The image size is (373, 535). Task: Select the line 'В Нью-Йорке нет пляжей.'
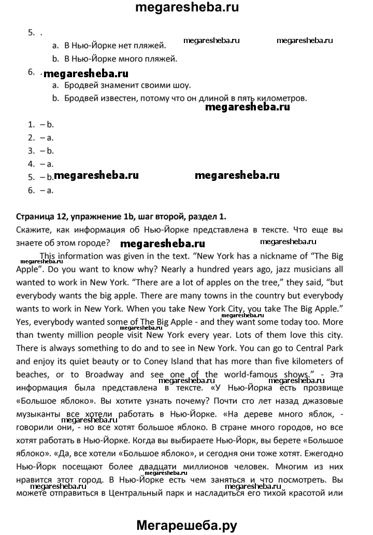115,46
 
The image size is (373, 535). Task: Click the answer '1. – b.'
41,124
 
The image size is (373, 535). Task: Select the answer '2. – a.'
41,137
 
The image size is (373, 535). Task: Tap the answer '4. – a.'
41,164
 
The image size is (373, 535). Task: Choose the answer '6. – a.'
41,190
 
